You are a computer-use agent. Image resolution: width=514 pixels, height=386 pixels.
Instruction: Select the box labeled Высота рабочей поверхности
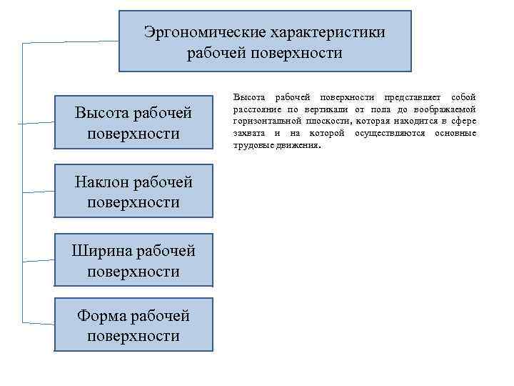click(133, 123)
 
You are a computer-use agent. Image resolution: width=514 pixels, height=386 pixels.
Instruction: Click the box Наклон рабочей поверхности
click(133, 192)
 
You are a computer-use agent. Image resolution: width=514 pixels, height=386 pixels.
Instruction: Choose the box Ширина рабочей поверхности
click(133, 261)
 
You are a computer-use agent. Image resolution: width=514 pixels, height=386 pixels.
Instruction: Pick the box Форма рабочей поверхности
click(133, 326)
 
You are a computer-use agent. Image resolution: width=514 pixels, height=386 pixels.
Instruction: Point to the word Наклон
click(102, 182)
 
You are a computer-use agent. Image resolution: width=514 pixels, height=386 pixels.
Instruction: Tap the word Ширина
click(102, 251)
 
